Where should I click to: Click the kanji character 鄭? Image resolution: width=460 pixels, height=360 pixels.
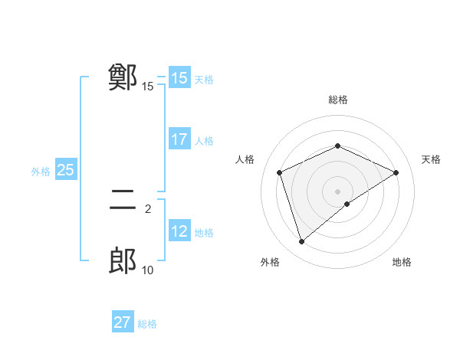123,77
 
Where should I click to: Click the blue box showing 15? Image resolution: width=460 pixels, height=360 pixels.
179,78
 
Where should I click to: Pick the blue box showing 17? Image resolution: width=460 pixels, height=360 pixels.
179,140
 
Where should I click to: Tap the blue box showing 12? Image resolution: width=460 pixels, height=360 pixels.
179,232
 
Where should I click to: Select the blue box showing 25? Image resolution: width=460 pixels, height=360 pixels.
66,170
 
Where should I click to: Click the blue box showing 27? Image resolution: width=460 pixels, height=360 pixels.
123,322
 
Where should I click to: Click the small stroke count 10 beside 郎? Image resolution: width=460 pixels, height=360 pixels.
147,270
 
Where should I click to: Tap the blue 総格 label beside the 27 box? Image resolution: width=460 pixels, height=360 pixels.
147,324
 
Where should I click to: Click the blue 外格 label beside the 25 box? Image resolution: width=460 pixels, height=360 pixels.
41,172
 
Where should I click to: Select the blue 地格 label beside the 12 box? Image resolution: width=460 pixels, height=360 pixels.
204,233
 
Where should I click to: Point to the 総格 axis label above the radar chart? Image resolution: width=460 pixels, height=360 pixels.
337,100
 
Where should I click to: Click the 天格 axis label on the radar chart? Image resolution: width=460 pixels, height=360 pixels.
431,159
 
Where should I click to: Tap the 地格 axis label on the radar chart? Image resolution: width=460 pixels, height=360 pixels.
402,263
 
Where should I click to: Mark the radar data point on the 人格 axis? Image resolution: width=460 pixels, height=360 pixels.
280,172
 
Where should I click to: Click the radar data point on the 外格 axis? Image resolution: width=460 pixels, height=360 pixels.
302,242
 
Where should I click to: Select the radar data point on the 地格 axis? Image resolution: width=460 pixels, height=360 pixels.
347,204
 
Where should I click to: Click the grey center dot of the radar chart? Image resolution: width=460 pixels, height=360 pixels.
337,191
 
